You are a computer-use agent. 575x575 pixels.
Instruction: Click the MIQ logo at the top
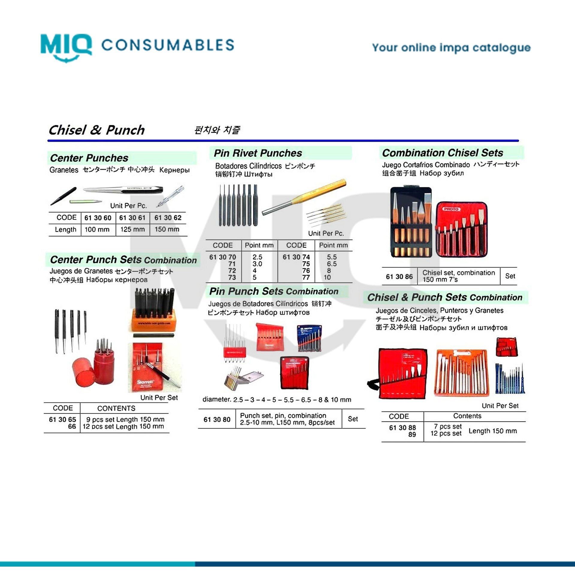[66, 46]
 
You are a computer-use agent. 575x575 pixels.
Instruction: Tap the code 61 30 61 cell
[132, 218]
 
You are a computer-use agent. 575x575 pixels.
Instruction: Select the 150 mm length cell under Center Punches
[167, 229]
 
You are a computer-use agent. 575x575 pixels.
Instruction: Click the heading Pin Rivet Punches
[258, 153]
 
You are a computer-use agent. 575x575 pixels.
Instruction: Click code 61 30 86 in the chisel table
[399, 276]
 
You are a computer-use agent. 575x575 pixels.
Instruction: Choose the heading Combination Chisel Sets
[442, 153]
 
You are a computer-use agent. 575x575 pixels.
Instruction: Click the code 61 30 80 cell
[217, 419]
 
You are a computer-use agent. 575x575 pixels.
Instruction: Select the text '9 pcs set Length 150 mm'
[125, 419]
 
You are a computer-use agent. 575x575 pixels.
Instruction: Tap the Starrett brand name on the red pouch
[145, 382]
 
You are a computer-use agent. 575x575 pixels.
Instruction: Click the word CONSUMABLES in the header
[168, 45]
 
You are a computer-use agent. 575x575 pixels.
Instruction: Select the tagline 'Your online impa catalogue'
[451, 48]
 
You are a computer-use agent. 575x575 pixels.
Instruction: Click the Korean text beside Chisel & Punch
[217, 130]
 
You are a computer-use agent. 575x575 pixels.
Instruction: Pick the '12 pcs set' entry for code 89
[446, 433]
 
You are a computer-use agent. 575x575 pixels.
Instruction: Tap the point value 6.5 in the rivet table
[332, 264]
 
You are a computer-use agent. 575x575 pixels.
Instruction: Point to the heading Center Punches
[89, 158]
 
